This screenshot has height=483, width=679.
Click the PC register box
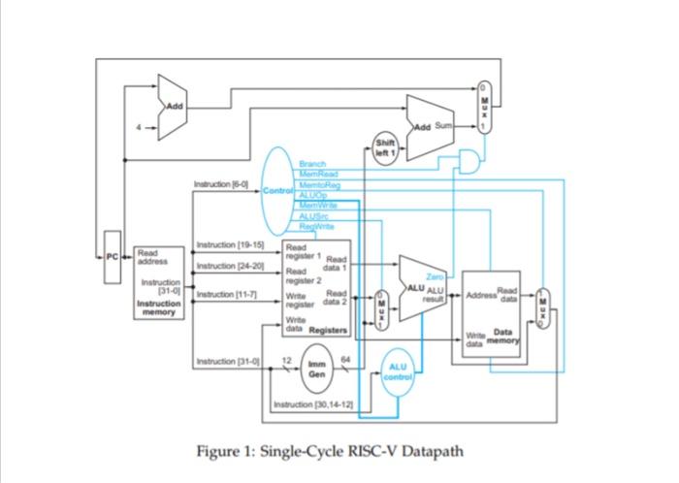click(113, 259)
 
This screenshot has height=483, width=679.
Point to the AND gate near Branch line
click(469, 159)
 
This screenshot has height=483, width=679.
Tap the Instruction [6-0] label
click(221, 183)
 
